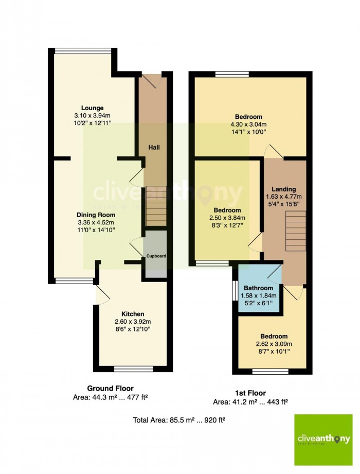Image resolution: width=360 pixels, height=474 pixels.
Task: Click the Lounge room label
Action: [93, 108]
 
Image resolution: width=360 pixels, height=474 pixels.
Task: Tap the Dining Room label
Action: [96, 215]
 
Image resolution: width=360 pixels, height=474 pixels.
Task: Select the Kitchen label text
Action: [133, 314]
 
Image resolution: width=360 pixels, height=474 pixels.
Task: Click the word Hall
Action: [154, 148]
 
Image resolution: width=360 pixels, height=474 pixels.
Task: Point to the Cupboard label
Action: [156, 256]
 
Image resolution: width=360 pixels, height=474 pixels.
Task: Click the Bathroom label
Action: [259, 288]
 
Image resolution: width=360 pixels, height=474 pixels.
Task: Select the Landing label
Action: [283, 189]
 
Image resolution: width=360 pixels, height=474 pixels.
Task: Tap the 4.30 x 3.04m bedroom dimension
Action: [248, 124]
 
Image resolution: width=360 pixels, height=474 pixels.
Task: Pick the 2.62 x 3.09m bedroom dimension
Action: [274, 344]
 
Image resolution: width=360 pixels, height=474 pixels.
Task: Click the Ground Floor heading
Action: [110, 388]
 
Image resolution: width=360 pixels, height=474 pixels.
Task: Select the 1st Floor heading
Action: [250, 393]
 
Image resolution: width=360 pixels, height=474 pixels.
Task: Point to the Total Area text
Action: [179, 420]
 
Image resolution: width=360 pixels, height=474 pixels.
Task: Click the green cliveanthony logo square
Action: [323, 440]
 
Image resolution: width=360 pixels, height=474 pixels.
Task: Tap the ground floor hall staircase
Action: [156, 206]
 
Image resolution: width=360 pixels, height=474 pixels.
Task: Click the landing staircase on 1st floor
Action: [296, 231]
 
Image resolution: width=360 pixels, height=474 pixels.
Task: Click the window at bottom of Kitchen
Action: [134, 369]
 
